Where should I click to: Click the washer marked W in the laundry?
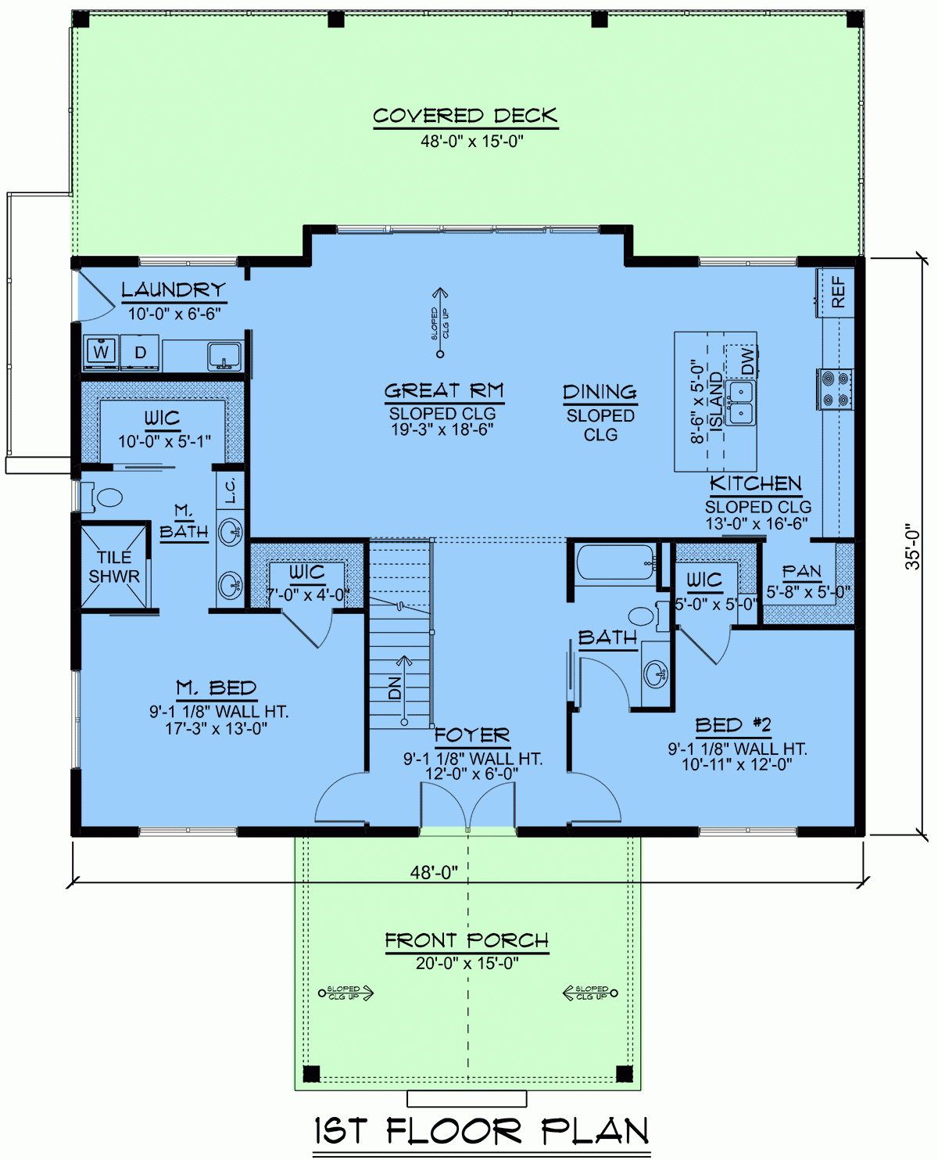point(102,352)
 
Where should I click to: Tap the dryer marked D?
point(140,352)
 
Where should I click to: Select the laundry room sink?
point(224,356)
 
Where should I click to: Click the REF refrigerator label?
point(837,291)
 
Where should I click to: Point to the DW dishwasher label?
point(747,361)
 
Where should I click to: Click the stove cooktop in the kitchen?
point(835,389)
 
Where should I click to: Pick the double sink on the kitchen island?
point(739,402)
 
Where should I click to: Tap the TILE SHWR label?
point(114,567)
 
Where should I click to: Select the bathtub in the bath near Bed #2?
point(615,562)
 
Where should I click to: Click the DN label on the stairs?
point(396,688)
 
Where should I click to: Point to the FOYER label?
point(471,735)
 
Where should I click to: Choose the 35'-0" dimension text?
point(912,547)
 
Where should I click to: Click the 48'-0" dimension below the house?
point(434,872)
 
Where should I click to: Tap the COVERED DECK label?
point(465,117)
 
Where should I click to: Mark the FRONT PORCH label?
point(467,940)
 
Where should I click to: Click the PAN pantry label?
point(802,572)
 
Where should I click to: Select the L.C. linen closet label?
point(231,491)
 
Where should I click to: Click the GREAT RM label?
point(444,390)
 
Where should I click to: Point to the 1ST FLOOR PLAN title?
point(482,1131)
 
